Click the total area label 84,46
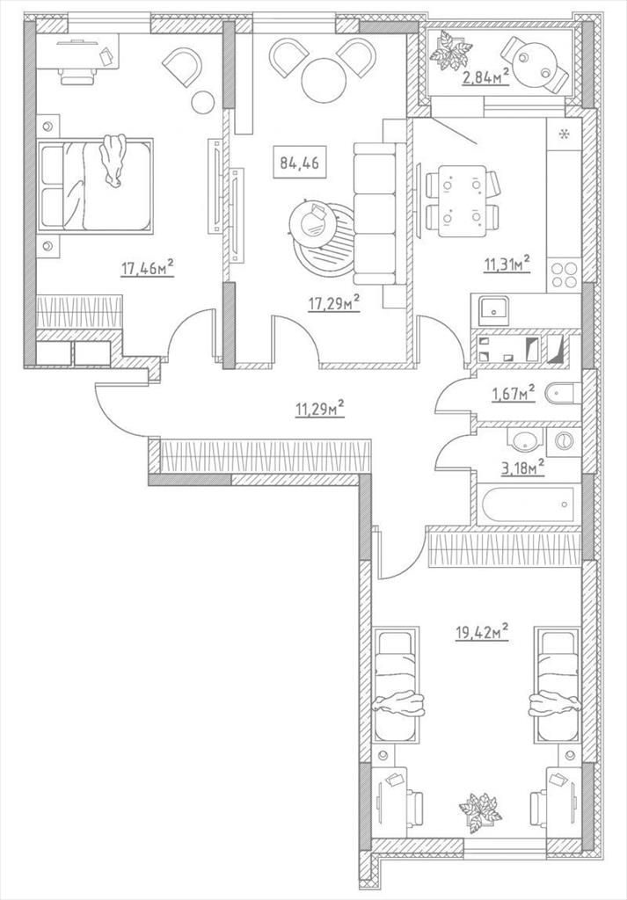299,163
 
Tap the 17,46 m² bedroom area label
147,267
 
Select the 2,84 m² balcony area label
485,76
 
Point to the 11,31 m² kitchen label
506,265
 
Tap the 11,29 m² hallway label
319,409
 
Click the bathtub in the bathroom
528,505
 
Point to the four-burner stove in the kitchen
564,275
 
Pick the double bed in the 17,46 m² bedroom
95,185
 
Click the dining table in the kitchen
463,201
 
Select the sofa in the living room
375,214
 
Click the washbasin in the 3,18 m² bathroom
524,440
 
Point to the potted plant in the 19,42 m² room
480,812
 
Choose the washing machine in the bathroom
564,441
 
